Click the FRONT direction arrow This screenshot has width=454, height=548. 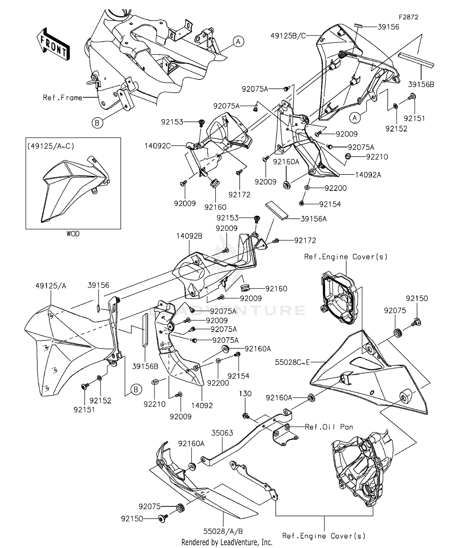click(x=53, y=45)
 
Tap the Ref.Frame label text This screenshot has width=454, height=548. click(x=63, y=98)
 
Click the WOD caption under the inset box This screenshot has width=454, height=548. click(x=73, y=234)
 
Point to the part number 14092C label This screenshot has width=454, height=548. click(x=157, y=146)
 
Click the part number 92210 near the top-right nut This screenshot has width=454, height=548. click(x=377, y=157)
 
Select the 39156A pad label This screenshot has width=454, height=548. click(x=314, y=219)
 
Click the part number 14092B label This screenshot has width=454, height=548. click(x=190, y=236)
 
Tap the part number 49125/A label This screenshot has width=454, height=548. click(x=51, y=285)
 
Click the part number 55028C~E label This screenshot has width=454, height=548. click(x=292, y=362)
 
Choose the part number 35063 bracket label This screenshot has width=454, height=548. click(x=222, y=433)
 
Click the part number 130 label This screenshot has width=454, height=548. click(x=245, y=394)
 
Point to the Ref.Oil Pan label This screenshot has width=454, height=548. click(x=329, y=427)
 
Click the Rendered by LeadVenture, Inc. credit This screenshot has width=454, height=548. click(x=227, y=542)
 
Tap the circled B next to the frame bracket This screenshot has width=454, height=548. click(x=97, y=123)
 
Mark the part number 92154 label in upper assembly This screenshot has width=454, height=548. click(x=330, y=204)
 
